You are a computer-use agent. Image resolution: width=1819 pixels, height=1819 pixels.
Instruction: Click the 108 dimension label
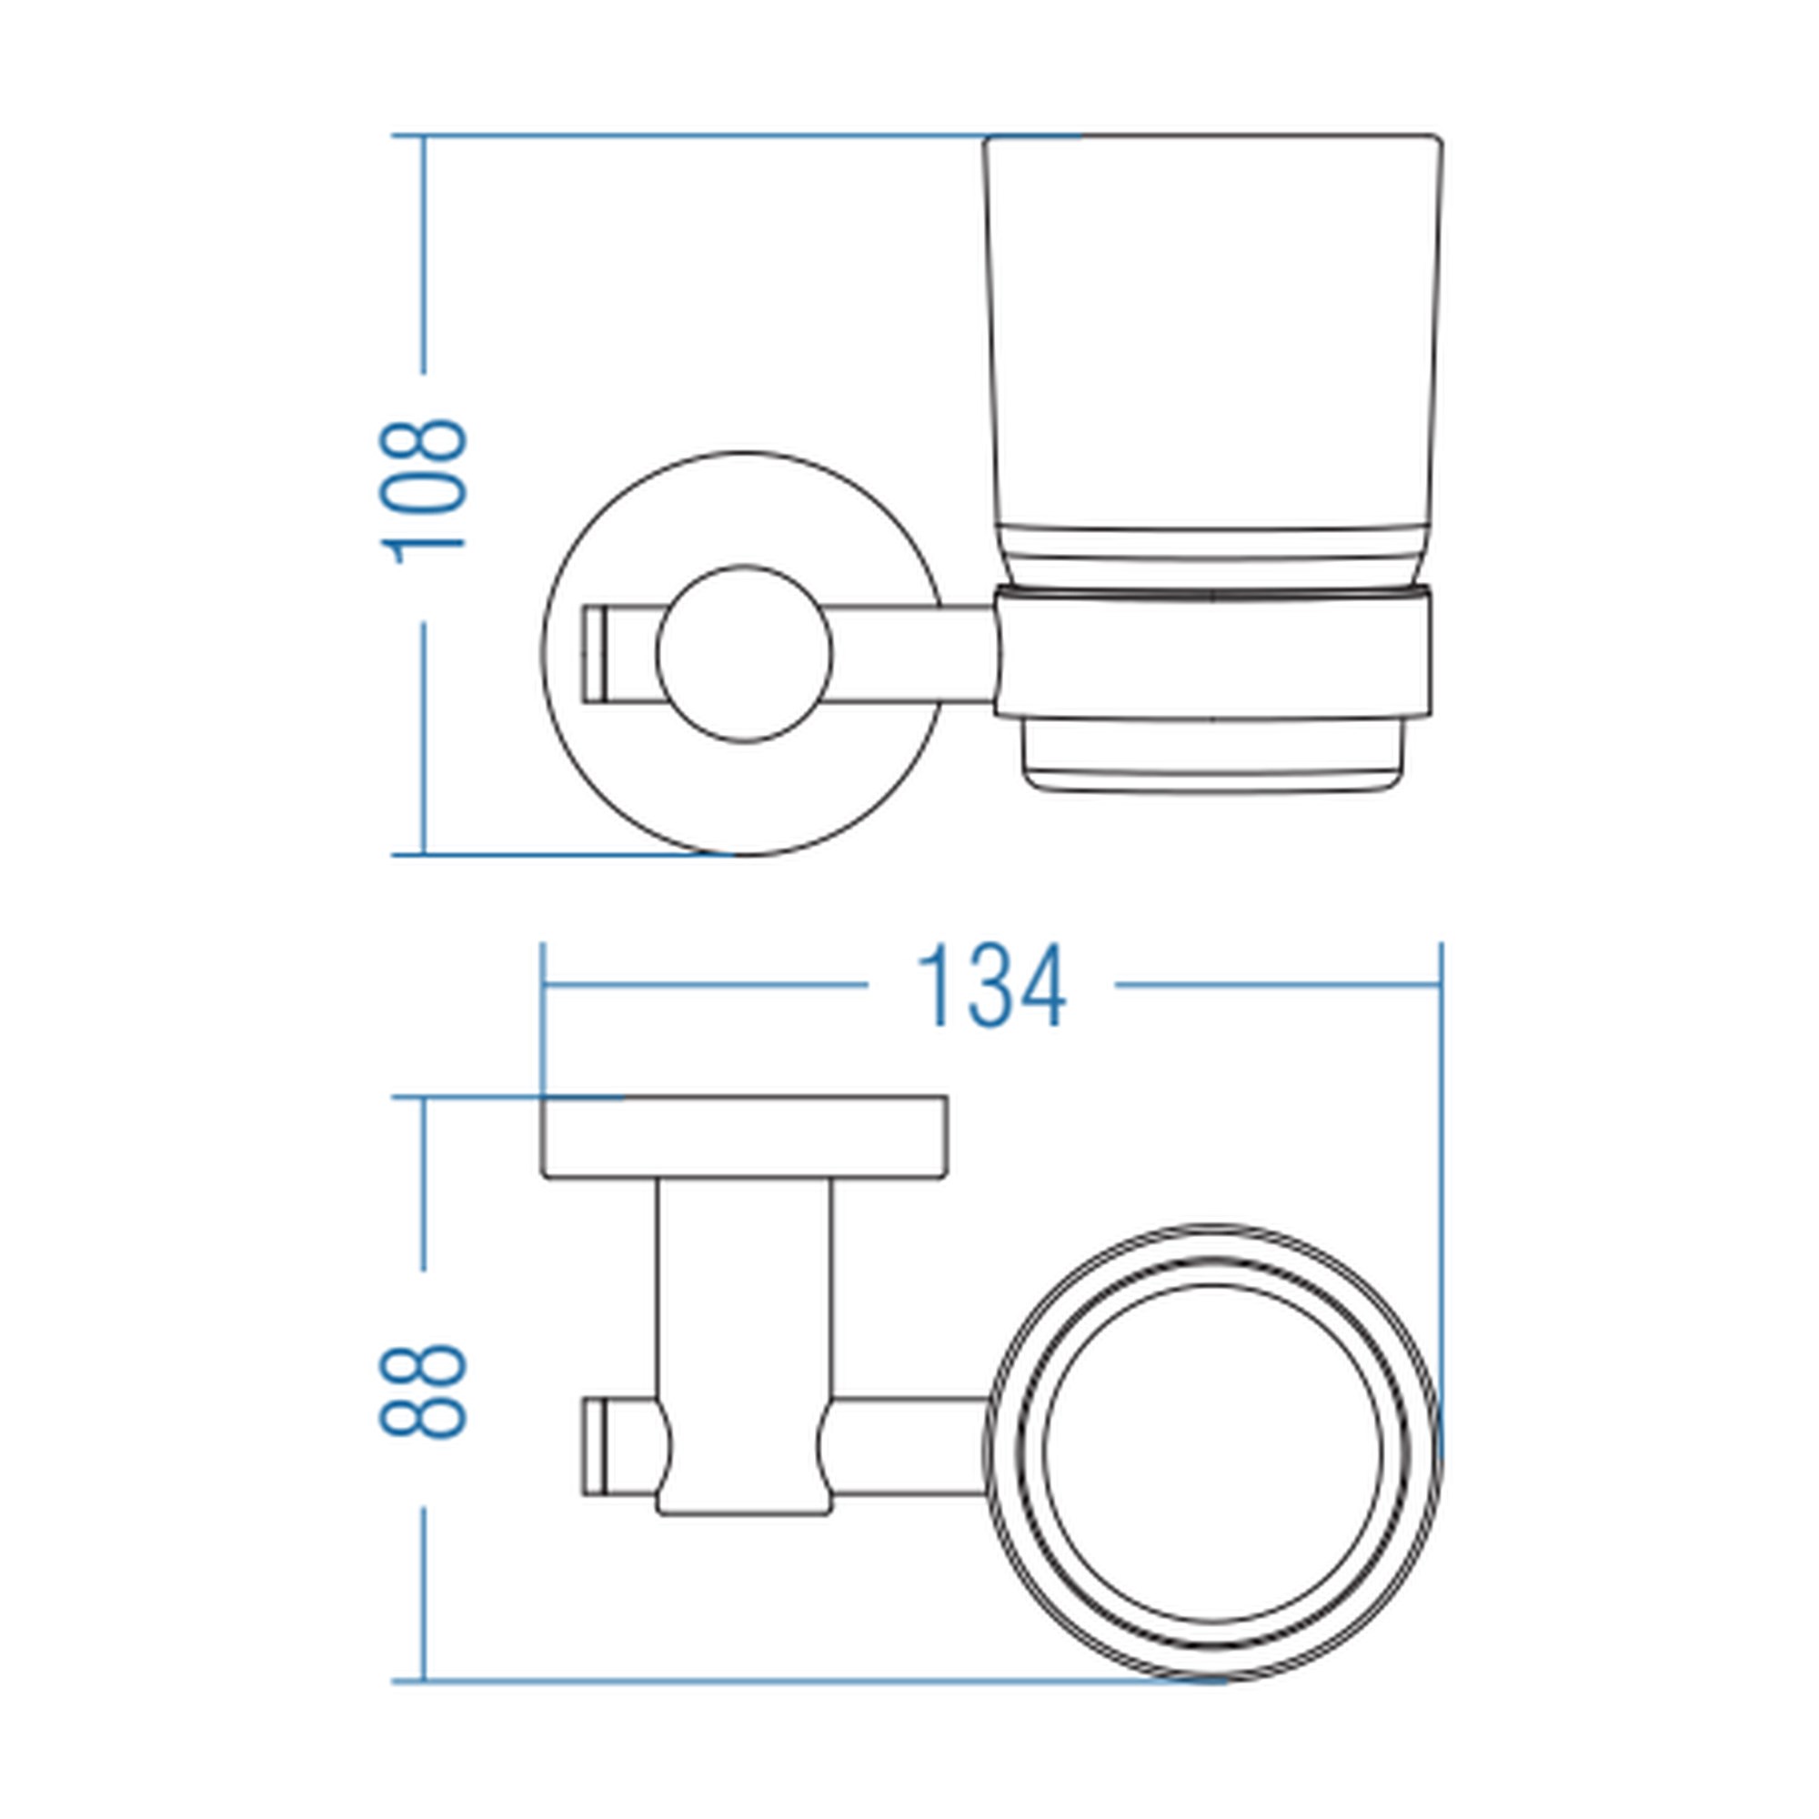click(423, 490)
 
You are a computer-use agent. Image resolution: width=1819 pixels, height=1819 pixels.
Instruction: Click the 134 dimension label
click(990, 987)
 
